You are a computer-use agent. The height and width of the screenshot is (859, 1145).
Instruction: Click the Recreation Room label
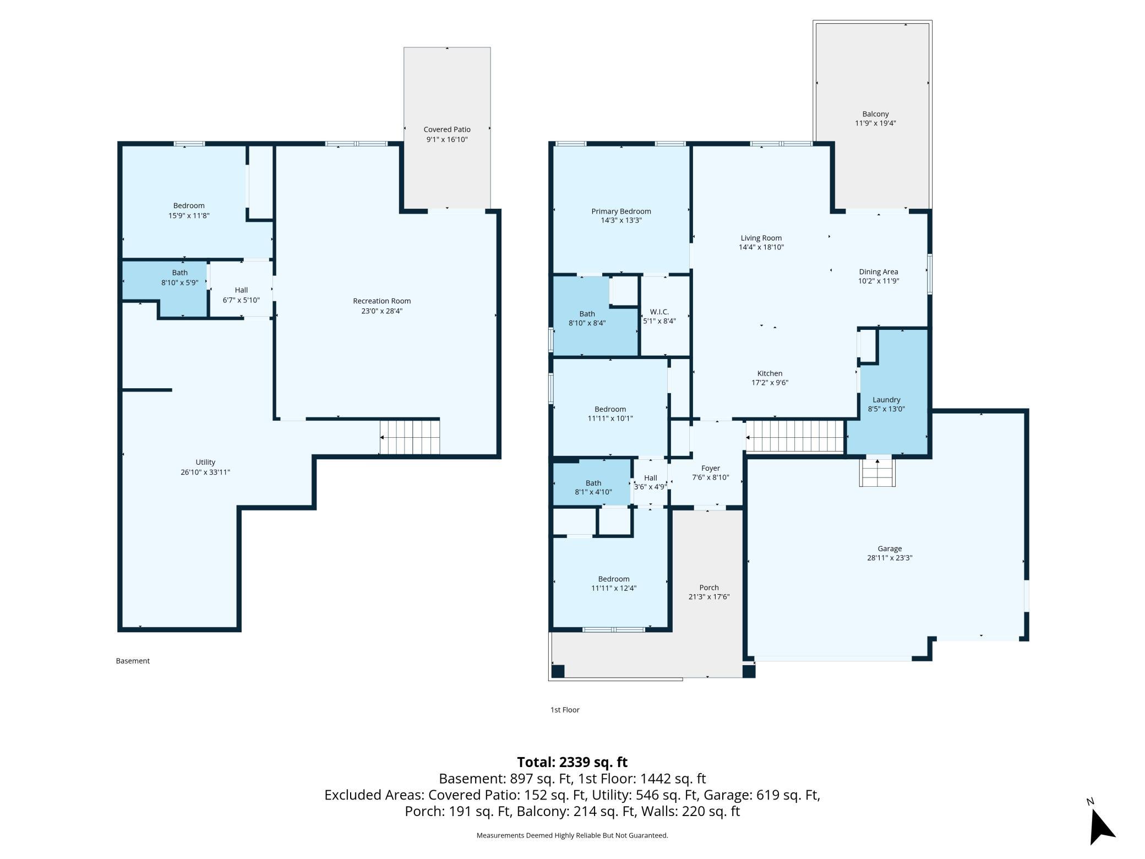(381, 301)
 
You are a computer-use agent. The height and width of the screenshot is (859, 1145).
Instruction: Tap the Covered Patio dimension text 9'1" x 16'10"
(447, 140)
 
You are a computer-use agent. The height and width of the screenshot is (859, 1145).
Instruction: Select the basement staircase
(410, 437)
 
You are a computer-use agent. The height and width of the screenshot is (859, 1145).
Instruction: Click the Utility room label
(205, 463)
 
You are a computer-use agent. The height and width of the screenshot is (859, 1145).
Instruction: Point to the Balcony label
(875, 115)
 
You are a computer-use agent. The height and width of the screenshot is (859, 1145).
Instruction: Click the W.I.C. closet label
(659, 312)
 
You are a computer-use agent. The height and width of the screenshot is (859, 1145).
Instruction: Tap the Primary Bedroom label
(621, 211)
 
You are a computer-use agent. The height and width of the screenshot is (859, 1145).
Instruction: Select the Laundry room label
(886, 400)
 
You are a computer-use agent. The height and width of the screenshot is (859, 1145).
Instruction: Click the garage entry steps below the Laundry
(877, 471)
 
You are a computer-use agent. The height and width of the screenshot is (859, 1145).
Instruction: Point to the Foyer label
(710, 469)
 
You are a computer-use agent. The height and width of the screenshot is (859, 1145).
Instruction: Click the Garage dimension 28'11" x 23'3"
(890, 558)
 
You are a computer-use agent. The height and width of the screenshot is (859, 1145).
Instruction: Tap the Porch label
(709, 588)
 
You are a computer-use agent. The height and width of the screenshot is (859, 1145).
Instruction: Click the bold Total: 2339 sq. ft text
(572, 762)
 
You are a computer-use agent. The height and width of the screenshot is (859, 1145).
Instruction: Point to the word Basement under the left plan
(133, 661)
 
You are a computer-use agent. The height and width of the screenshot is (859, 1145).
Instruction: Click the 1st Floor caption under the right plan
(565, 710)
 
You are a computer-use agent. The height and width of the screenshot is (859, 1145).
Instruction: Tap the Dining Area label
(878, 272)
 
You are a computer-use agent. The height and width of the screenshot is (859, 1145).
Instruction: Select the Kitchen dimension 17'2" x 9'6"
(770, 383)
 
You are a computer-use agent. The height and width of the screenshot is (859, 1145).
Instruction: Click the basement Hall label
(241, 290)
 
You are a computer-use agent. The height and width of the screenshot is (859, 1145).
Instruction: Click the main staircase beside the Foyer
(795, 436)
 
